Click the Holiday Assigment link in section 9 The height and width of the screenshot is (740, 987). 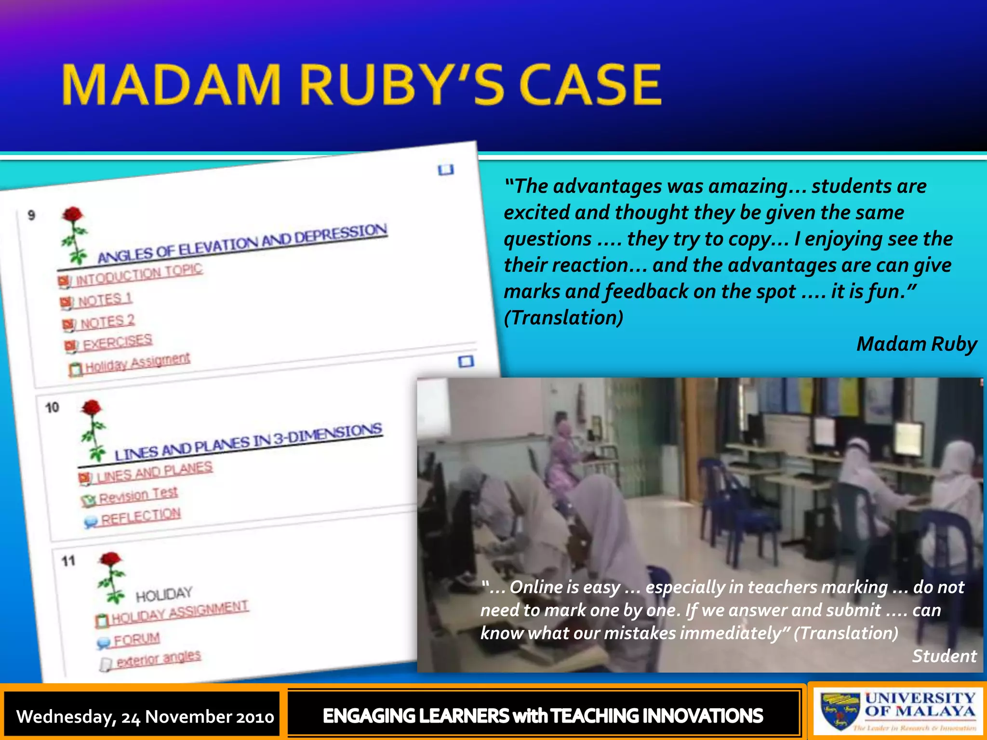pyautogui.click(x=137, y=363)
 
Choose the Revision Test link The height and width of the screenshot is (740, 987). pyautogui.click(x=138, y=495)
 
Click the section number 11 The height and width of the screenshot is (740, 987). pyautogui.click(x=68, y=561)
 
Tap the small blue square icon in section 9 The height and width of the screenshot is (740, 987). pyautogui.click(x=446, y=170)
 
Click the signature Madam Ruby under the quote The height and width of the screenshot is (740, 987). pyautogui.click(x=916, y=344)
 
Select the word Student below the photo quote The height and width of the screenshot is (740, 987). pyautogui.click(x=944, y=656)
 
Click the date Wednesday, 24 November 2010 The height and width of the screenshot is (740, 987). pyautogui.click(x=145, y=716)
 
